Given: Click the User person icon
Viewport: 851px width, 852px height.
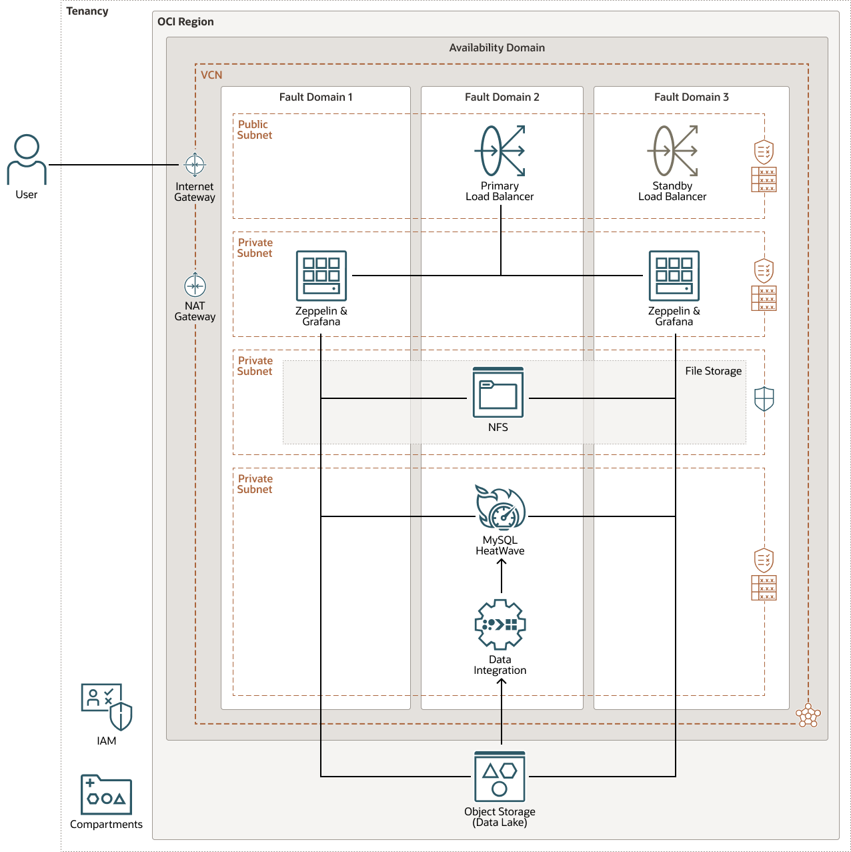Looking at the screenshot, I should coord(27,159).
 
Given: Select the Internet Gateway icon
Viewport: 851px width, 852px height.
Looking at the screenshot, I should coord(195,164).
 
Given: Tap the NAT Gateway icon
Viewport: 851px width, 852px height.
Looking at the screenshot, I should coord(195,286).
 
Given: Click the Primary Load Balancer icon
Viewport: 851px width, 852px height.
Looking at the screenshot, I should coord(500,151).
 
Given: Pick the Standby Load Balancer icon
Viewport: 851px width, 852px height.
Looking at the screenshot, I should coord(672,151).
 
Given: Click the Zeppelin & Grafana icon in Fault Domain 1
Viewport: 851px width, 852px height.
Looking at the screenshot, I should coord(321,276).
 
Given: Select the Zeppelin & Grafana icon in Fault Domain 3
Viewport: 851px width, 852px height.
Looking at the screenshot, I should coord(674,276).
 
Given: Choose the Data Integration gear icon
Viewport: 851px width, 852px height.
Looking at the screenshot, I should coord(500,624).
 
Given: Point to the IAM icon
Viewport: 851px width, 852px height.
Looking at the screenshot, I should coord(107,707).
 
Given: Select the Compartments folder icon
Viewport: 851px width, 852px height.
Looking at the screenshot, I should coord(107,795).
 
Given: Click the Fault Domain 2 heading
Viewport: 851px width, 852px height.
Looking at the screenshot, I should coord(502,97).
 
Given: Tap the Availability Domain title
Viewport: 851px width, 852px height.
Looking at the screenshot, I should coord(497,48).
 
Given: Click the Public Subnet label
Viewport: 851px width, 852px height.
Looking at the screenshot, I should coord(255,129).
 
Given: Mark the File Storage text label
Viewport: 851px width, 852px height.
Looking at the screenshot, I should coord(713,371).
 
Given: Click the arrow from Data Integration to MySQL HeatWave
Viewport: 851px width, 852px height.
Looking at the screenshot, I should coord(502,576).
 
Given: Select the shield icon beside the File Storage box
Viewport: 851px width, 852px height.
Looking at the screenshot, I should coord(764,399).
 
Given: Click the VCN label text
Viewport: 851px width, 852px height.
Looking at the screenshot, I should coord(211,75).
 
